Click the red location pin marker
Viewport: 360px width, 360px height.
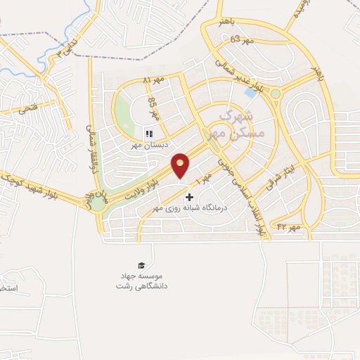click(x=181, y=165)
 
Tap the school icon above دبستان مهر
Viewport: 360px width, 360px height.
click(x=148, y=134)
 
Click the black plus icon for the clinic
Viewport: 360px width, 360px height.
click(x=188, y=198)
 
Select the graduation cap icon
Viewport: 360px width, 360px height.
click(x=142, y=265)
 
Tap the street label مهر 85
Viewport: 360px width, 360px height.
click(x=153, y=107)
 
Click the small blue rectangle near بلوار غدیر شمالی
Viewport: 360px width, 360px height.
click(x=250, y=91)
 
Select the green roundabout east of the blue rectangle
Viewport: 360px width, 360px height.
click(x=276, y=94)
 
